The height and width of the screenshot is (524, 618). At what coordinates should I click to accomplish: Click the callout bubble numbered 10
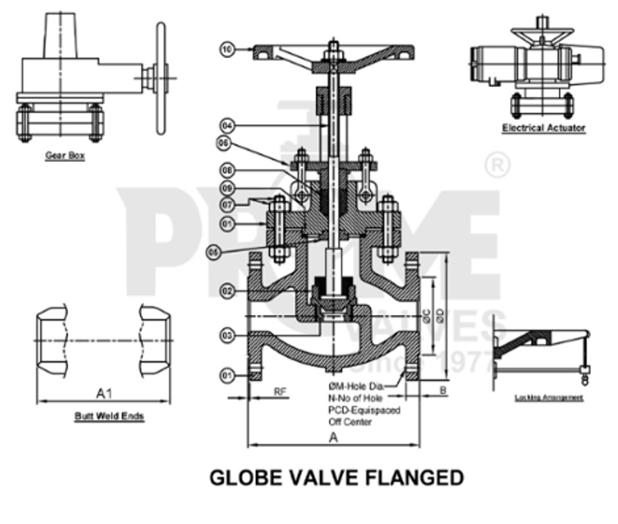pyautogui.click(x=228, y=49)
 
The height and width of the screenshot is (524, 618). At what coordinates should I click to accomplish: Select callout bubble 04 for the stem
pyautogui.click(x=228, y=125)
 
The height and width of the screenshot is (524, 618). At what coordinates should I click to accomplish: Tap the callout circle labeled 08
pyautogui.click(x=228, y=171)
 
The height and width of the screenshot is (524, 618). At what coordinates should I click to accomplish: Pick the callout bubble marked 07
pyautogui.click(x=228, y=202)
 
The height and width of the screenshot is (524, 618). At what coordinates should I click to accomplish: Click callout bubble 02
pyautogui.click(x=228, y=291)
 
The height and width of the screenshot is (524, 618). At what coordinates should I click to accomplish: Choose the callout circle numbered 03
pyautogui.click(x=228, y=334)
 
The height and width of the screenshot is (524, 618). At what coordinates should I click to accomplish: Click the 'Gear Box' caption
pyautogui.click(x=65, y=156)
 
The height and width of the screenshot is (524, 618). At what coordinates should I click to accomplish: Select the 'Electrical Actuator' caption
pyautogui.click(x=543, y=127)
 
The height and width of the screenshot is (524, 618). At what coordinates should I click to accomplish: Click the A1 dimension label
pyautogui.click(x=104, y=392)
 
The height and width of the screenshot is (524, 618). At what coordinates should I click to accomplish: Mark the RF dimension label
pyautogui.click(x=280, y=391)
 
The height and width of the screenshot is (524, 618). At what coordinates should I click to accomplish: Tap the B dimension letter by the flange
pyautogui.click(x=442, y=390)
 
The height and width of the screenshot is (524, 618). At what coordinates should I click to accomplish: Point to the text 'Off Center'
pyautogui.click(x=350, y=421)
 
